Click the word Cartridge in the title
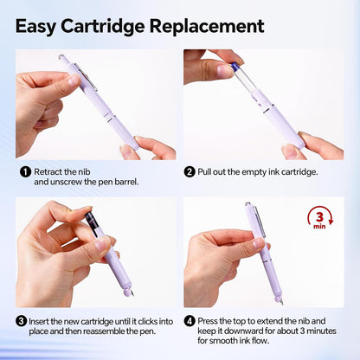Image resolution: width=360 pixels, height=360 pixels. (102, 27)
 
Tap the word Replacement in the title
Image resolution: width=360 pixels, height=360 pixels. (207, 26)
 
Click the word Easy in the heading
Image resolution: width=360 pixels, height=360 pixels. (35, 27)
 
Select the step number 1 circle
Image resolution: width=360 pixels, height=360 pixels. (25, 172)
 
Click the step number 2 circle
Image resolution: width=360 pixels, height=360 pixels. (190, 172)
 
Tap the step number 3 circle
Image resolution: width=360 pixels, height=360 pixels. (21, 321)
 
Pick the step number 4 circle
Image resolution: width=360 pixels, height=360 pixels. (190, 321)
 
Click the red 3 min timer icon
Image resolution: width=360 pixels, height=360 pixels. (320, 218)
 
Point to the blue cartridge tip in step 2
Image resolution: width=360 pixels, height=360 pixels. (235, 67)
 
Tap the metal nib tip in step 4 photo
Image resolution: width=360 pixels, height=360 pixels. (281, 302)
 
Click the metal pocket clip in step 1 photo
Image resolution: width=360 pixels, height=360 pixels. (86, 76)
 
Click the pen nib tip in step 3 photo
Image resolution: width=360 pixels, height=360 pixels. (132, 293)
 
